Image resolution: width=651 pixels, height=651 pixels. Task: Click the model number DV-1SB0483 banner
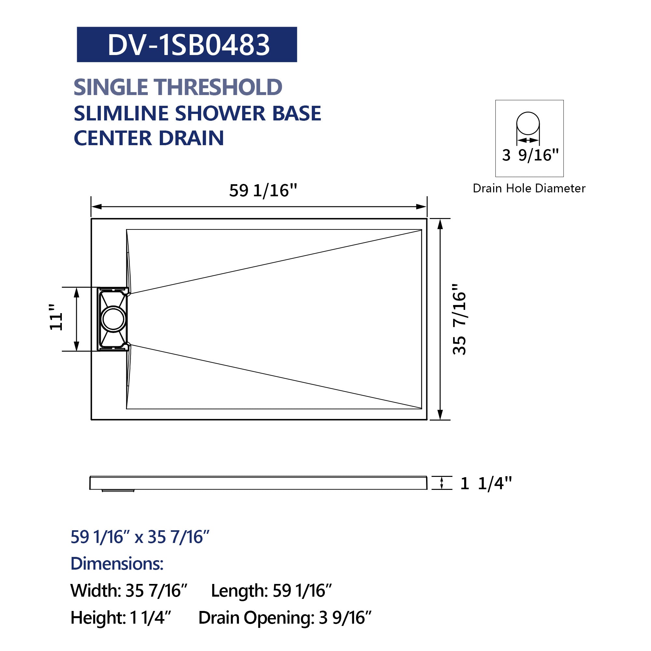[187, 45]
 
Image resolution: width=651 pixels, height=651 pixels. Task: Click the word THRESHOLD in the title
[219, 87]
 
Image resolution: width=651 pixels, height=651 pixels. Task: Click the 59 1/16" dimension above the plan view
[263, 191]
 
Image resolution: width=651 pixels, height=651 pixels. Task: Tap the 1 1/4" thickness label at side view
[486, 484]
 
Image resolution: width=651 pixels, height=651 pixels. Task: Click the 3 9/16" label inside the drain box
[530, 155]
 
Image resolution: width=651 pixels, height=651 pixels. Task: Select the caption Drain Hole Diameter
[529, 188]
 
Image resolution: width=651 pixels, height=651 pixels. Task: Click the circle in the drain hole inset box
[528, 123]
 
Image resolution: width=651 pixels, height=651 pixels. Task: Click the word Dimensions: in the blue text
[117, 564]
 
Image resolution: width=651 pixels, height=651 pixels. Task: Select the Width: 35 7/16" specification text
[128, 591]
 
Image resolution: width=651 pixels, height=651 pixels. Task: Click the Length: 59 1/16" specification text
[271, 591]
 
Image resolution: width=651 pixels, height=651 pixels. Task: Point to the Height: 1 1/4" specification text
[121, 618]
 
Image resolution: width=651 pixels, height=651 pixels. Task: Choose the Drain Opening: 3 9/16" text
[285, 618]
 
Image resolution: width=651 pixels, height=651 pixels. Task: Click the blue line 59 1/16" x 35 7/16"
[140, 537]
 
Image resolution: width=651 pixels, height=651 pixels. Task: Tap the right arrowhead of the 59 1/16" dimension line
[422, 207]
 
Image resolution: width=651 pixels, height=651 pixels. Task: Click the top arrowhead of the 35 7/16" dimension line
[440, 224]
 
